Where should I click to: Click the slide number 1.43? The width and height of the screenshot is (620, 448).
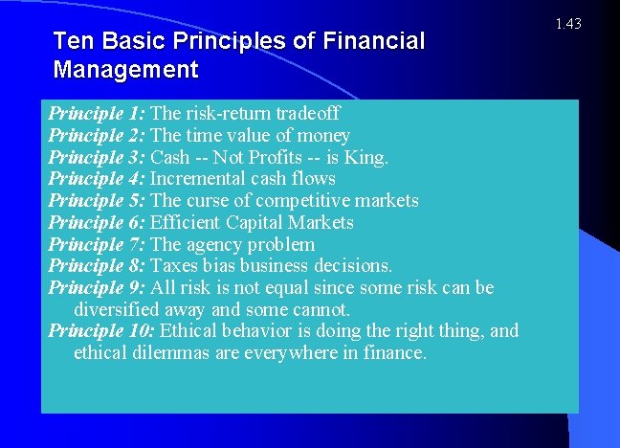pyautogui.click(x=566, y=23)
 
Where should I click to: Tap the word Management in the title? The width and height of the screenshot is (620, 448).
pyautogui.click(x=126, y=70)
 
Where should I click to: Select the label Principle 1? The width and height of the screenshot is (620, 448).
pyautogui.click(x=97, y=114)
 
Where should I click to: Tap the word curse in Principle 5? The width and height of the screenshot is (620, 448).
pyautogui.click(x=209, y=201)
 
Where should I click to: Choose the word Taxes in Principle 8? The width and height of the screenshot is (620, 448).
pyautogui.click(x=175, y=265)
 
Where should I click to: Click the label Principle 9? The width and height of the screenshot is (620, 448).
pyautogui.click(x=97, y=287)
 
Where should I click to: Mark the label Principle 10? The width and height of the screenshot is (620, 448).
pyautogui.click(x=101, y=331)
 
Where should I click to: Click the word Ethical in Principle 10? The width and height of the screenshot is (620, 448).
pyautogui.click(x=189, y=331)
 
